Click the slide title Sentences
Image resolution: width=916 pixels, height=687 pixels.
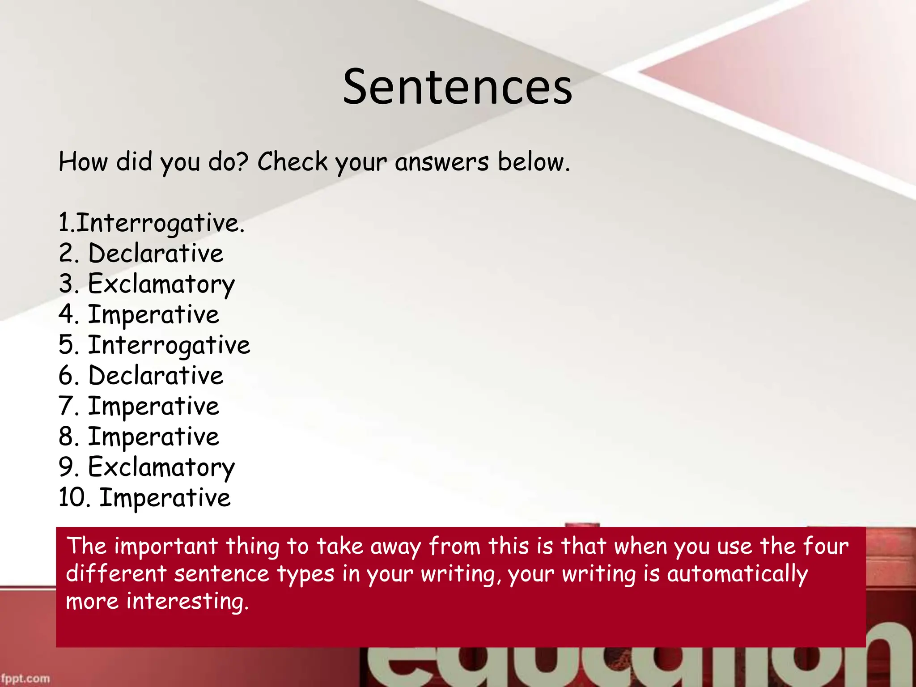click(457, 87)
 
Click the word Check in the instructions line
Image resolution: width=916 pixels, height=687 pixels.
click(293, 161)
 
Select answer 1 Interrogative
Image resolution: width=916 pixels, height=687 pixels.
click(152, 223)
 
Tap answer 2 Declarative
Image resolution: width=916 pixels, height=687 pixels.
click(141, 253)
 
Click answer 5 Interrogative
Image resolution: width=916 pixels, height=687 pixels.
click(154, 345)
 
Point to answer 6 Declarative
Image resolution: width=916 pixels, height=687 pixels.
click(141, 376)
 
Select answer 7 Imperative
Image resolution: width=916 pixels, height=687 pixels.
click(139, 406)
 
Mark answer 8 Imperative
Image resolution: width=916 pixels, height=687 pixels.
click(139, 437)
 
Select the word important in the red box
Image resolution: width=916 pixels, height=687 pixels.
click(166, 547)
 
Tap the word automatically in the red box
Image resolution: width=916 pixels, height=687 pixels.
click(737, 574)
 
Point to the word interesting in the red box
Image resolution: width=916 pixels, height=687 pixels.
click(187, 602)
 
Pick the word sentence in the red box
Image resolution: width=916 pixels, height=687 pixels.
click(221, 574)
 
